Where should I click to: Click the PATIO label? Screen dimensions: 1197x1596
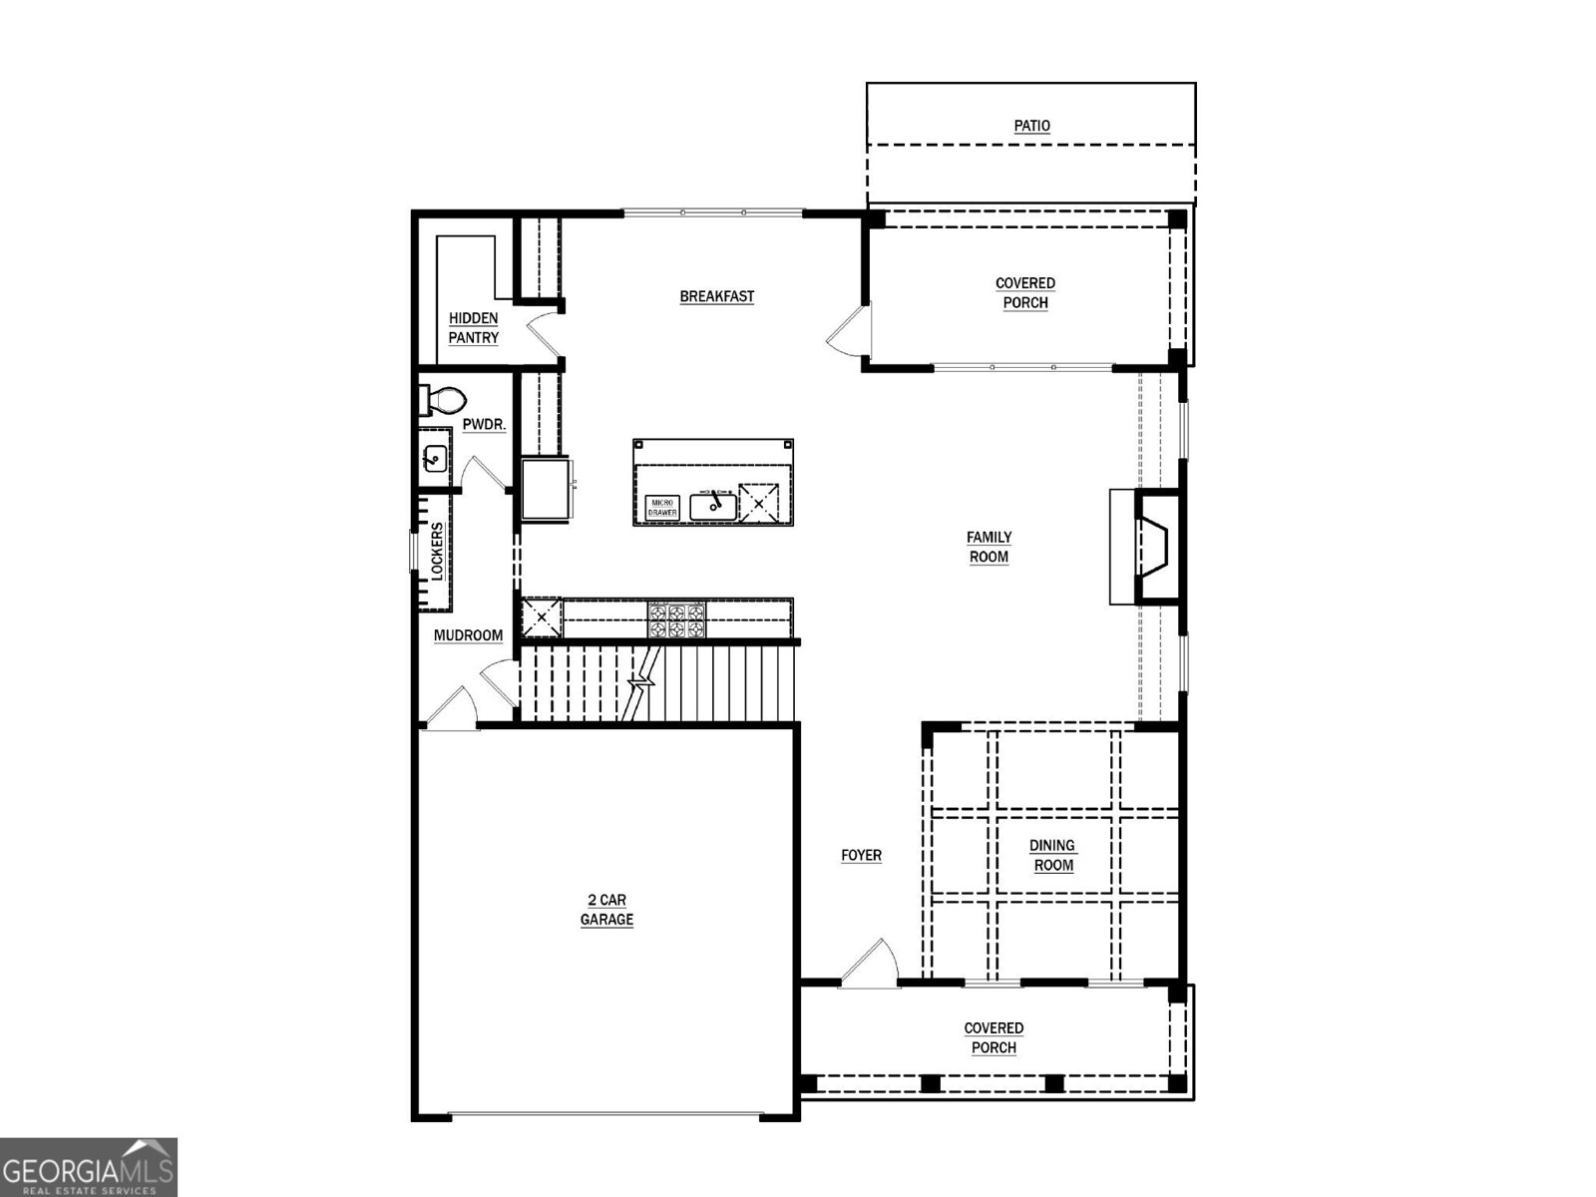1031,126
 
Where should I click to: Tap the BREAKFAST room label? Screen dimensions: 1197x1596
716,296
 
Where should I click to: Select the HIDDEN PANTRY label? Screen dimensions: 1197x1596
473,328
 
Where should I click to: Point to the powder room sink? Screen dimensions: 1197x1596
435,460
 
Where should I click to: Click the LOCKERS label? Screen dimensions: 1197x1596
437,551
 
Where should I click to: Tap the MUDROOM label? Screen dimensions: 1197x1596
468,635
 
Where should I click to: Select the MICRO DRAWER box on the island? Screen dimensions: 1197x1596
662,507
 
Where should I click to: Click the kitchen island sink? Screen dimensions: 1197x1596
713,506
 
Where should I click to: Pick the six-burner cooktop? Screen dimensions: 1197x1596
677,619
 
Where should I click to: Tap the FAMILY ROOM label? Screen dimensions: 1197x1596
989,547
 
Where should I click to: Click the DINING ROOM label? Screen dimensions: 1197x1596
1052,855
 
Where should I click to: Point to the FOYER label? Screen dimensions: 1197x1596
861,855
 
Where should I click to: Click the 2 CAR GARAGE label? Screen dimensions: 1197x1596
606,910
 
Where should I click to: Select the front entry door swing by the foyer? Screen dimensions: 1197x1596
867,963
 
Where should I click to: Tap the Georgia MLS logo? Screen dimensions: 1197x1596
89,1166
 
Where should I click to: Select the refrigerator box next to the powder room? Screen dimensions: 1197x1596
545,488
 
